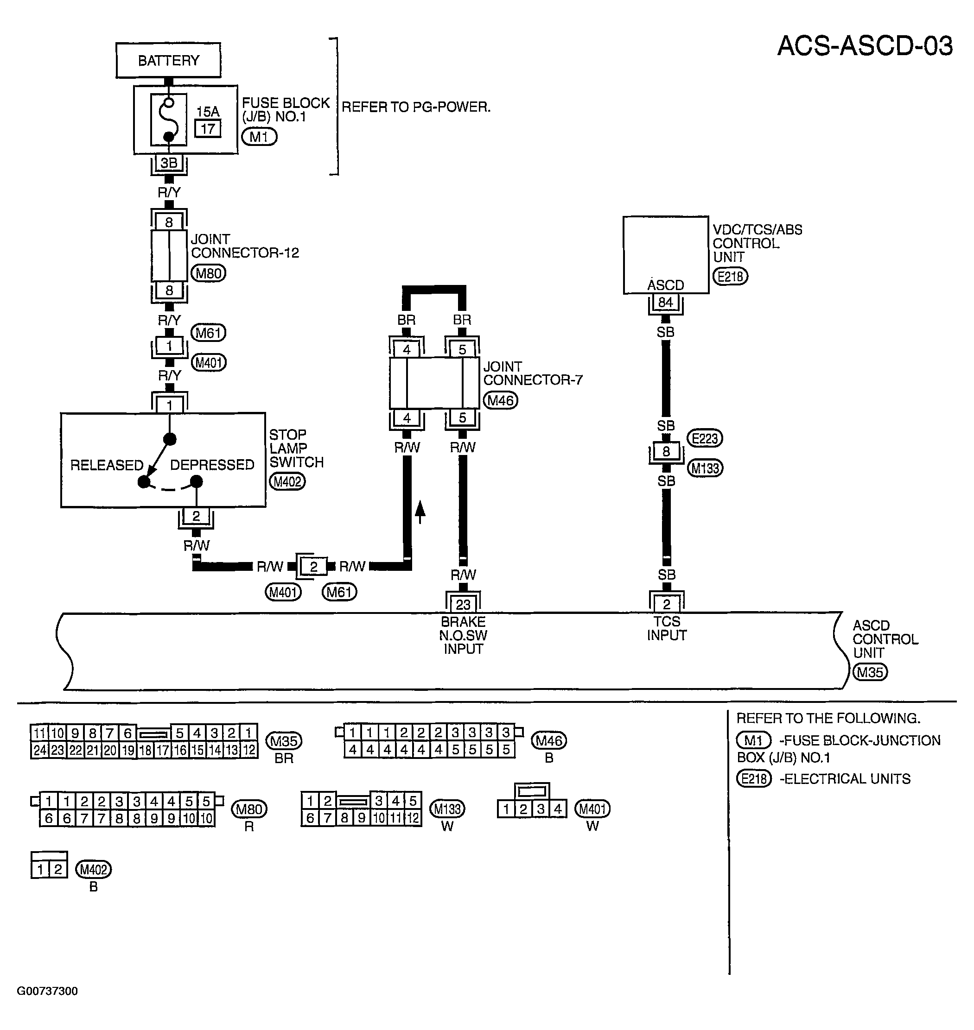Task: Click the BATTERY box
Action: [168, 60]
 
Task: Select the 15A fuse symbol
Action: [169, 120]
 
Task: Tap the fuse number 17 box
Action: [208, 129]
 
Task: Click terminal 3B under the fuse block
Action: [169, 163]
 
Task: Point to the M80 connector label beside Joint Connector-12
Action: [208, 273]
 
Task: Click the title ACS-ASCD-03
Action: [865, 46]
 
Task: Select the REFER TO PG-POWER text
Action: [416, 107]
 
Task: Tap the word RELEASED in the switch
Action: [107, 465]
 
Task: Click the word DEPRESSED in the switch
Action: [212, 464]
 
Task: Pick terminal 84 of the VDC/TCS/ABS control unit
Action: [665, 302]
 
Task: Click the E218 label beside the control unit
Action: [730, 277]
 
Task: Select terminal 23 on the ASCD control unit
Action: [463, 604]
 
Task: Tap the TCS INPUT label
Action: [667, 628]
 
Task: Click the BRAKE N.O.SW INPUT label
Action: [463, 635]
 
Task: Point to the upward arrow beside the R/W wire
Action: [420, 512]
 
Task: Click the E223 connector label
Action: [705, 438]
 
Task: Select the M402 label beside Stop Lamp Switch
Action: [287, 481]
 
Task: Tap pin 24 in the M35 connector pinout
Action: [40, 750]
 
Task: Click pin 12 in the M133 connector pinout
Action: [413, 818]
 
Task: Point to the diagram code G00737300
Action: [47, 991]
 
